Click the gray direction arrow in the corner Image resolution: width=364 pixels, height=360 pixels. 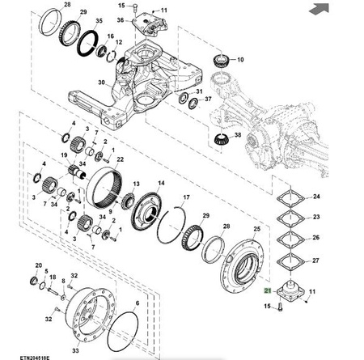point(320,9)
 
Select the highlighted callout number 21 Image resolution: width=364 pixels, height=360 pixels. point(268,290)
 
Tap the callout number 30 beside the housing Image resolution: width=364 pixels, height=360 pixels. point(101,83)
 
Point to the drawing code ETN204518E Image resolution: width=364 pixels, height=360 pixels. point(35,358)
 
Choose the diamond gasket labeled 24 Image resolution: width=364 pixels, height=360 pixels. point(291,199)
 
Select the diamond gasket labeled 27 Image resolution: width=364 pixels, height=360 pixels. point(291,262)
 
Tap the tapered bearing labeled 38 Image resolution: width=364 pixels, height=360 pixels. point(221,139)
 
